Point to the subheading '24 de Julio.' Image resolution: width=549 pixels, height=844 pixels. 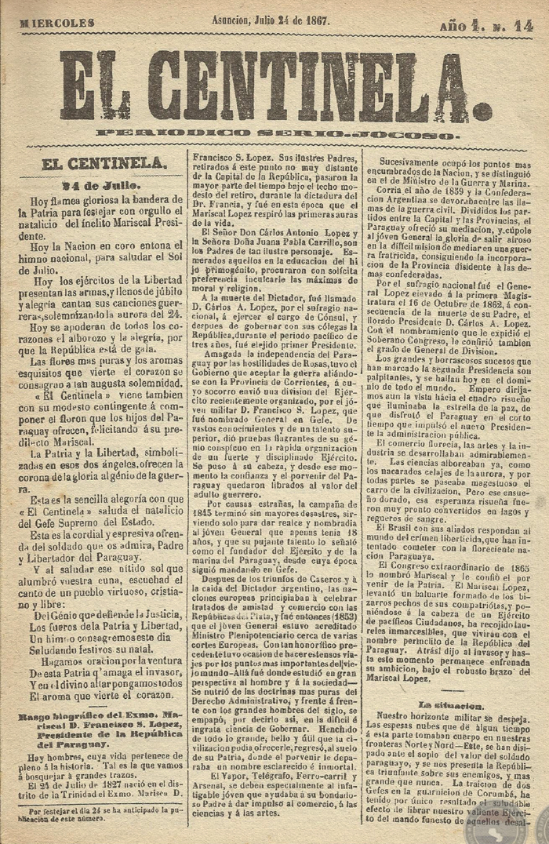click(102, 186)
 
